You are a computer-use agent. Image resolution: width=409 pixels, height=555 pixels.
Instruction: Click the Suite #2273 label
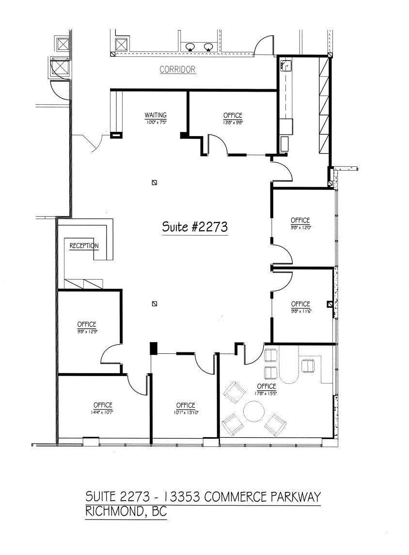point(195,227)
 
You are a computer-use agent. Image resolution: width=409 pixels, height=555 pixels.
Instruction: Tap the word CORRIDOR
point(177,70)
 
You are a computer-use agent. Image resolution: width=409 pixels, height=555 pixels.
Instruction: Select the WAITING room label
point(155,115)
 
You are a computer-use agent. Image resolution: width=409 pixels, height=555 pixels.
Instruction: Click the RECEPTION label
point(84,246)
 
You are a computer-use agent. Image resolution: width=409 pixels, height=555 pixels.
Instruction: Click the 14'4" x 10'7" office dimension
point(103,412)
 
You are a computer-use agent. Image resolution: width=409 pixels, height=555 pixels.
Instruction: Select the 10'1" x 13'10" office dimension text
point(186,412)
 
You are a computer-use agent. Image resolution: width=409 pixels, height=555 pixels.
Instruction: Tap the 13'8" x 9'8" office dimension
point(233,122)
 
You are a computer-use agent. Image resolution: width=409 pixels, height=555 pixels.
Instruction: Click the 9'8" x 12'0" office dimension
point(300,227)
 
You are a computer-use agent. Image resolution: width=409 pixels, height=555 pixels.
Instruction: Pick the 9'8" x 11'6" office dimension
point(300,311)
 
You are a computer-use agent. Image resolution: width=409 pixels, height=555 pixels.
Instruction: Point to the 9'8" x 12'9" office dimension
point(87,331)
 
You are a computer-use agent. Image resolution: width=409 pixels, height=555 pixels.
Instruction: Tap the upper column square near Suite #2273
point(155,183)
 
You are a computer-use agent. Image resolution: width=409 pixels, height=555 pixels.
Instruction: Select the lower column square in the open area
point(155,304)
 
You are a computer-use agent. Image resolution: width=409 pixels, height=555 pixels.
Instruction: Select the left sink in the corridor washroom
point(190,47)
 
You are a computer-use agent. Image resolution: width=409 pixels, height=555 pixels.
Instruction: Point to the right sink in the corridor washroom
point(208,47)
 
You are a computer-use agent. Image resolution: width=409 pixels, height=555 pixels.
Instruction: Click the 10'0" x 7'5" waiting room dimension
point(155,122)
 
